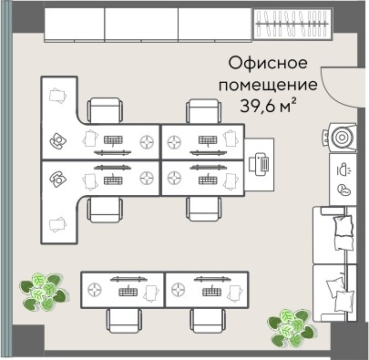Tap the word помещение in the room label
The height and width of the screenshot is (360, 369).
point(267,85)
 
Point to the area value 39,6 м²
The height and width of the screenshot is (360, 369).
point(271,105)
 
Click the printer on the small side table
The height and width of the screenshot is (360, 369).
point(261,164)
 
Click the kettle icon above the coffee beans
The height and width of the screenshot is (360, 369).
point(343,169)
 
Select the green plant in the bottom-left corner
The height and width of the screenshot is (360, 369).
point(44,291)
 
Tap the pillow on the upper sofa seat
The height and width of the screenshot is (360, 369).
point(343,227)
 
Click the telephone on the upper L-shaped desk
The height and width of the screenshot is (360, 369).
point(59,141)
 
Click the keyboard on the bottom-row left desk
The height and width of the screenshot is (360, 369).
point(126,290)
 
